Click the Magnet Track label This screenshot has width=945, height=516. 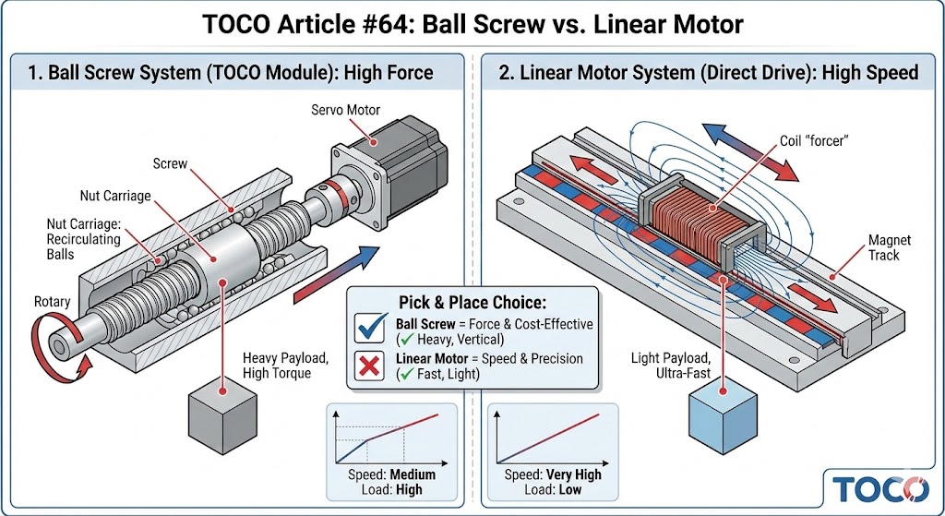891,247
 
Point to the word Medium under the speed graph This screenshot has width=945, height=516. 412,474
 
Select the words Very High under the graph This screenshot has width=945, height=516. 574,474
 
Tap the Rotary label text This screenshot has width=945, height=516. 52,302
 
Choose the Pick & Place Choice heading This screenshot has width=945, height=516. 472,302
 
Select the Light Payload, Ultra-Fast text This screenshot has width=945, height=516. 671,365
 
